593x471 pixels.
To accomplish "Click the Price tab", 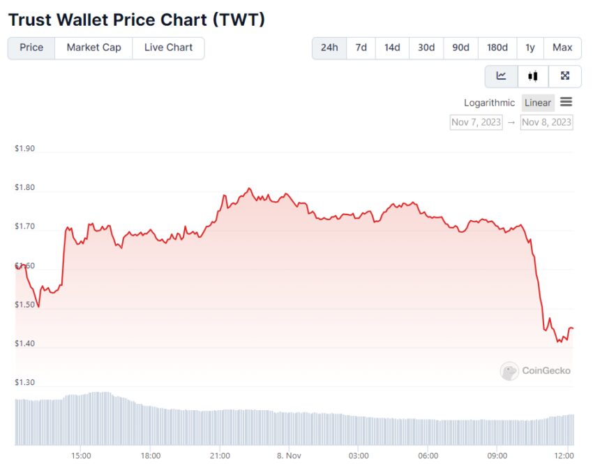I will [x=31, y=48].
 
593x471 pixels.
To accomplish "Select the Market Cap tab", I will [x=93, y=48].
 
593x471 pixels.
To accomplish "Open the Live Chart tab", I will [x=168, y=48].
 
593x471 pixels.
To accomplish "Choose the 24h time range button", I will [x=329, y=48].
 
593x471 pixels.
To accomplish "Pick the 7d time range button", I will [x=361, y=48].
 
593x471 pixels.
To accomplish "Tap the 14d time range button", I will [x=392, y=48].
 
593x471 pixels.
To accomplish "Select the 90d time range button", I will [x=460, y=48].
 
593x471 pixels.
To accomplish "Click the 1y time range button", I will [x=530, y=48].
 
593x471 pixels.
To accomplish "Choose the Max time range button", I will [x=562, y=48].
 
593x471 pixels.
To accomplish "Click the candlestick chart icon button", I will [x=533, y=75].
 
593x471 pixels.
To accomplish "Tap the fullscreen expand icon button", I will [x=565, y=75].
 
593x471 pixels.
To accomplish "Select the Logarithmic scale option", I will [x=489, y=103].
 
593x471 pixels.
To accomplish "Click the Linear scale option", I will [x=538, y=103].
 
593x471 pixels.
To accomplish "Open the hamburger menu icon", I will [x=566, y=102].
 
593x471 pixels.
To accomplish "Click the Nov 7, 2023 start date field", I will [x=476, y=122].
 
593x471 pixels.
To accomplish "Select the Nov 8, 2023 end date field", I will [x=547, y=122].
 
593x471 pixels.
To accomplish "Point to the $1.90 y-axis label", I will [x=24, y=149].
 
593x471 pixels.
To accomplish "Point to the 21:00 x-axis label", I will [x=220, y=456].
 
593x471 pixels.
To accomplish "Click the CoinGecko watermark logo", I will [x=536, y=371].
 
